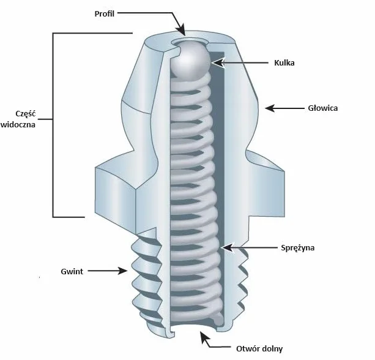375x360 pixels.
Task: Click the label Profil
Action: click(x=104, y=13)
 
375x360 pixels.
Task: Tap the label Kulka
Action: click(x=284, y=62)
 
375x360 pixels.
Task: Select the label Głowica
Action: click(x=322, y=108)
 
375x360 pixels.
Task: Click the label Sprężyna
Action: click(x=297, y=248)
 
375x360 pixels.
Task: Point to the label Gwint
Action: click(x=72, y=271)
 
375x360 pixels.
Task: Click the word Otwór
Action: click(x=247, y=348)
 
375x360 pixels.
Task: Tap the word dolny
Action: click(x=270, y=349)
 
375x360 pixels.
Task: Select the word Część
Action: click(x=25, y=113)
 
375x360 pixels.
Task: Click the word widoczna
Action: click(x=18, y=124)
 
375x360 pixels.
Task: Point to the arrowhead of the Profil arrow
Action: click(x=181, y=29)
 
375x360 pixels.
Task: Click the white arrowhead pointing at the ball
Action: click(x=218, y=63)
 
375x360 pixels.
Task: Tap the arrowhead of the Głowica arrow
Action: click(x=270, y=108)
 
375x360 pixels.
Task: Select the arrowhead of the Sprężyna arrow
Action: click(x=226, y=247)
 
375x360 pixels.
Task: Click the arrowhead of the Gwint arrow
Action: click(x=122, y=271)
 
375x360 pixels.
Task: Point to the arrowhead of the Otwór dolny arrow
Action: click(x=204, y=337)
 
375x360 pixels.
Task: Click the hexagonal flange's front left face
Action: click(x=116, y=200)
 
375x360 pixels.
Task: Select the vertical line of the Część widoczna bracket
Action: click(x=53, y=125)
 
